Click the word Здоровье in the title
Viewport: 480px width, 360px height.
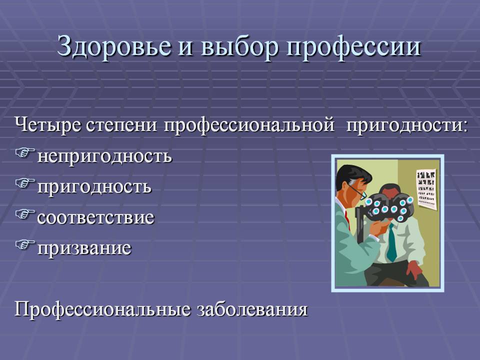pyautogui.click(x=114, y=47)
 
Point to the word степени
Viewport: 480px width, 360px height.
pyautogui.click(x=122, y=126)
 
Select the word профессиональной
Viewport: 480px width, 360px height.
pyautogui.click(x=249, y=126)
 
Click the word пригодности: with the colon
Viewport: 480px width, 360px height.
pyautogui.click(x=406, y=126)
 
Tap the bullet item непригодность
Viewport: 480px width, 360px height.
pyautogui.click(x=104, y=156)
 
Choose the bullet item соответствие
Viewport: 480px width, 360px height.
pyautogui.click(x=95, y=217)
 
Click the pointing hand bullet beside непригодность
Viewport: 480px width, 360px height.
pyautogui.click(x=25, y=153)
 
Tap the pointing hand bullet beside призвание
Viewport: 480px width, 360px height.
pyautogui.click(x=25, y=244)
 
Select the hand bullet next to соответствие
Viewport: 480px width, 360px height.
pyautogui.click(x=25, y=214)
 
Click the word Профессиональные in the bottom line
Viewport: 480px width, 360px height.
pyautogui.click(x=102, y=309)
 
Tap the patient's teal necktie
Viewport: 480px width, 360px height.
pyautogui.click(x=391, y=242)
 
